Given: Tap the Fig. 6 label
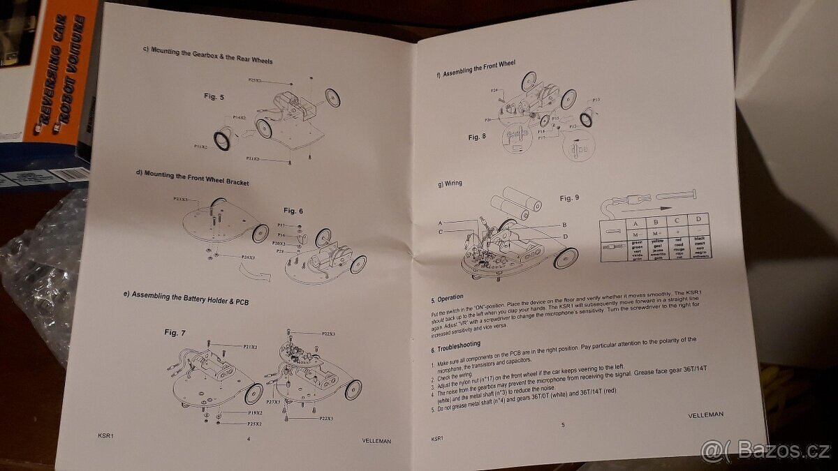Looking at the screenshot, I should coord(293,210).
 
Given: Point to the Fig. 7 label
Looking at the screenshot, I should coord(175,332).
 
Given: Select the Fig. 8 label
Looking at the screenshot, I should coord(476,137).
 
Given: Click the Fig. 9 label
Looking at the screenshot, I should coord(569,198).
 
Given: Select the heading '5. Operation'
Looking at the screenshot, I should coord(447,297).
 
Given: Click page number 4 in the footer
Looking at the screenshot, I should coord(248,438).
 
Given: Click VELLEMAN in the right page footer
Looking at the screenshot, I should coord(705,414).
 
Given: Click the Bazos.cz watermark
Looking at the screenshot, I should coord(768,451).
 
